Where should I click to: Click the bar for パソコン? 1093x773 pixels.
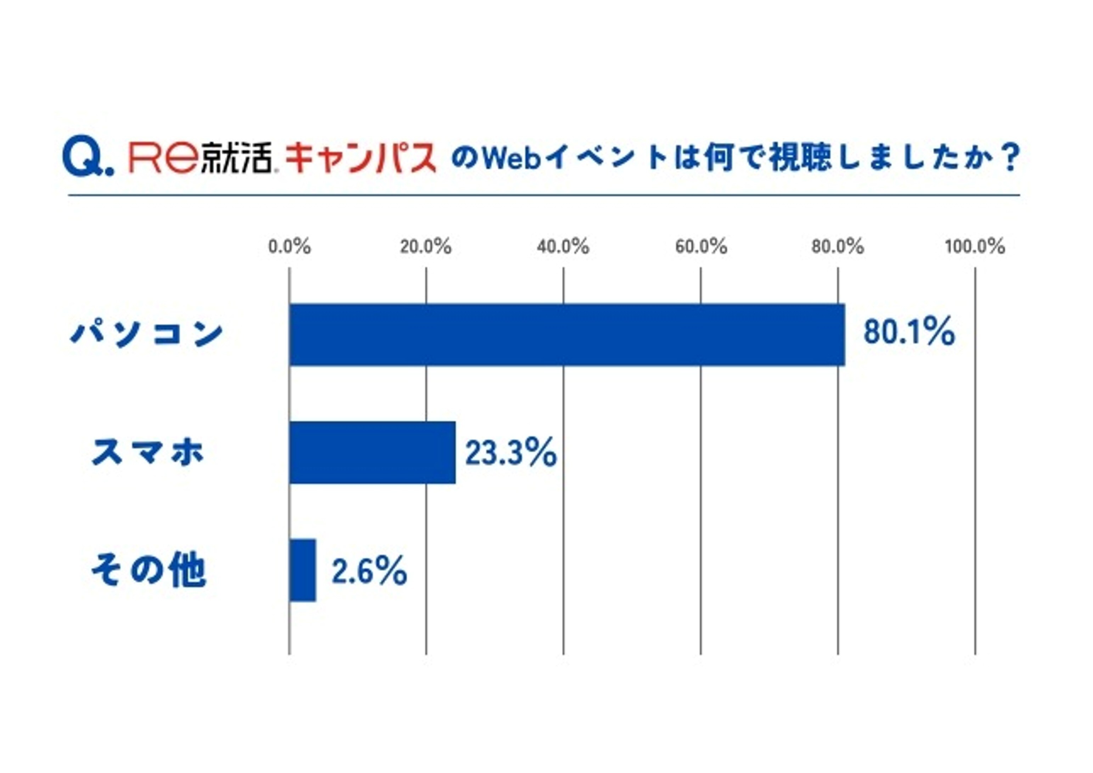(567, 335)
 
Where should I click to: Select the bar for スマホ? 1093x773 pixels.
(372, 453)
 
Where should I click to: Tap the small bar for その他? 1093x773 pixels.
(303, 570)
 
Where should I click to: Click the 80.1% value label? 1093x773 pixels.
(909, 332)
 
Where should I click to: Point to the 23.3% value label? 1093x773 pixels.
(511, 453)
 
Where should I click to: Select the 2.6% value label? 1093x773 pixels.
(369, 571)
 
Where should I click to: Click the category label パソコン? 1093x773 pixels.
(147, 334)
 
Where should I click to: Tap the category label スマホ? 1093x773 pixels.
(148, 452)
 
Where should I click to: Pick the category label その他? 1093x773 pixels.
(148, 570)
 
